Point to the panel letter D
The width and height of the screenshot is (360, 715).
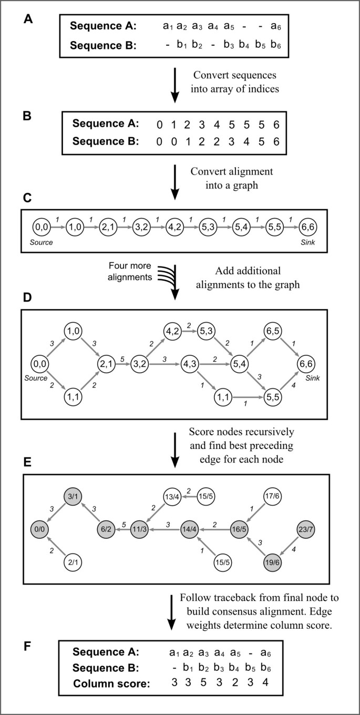tap(27, 298)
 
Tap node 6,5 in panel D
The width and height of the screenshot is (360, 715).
tap(274, 330)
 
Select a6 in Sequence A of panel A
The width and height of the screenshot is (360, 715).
tap(274, 25)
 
